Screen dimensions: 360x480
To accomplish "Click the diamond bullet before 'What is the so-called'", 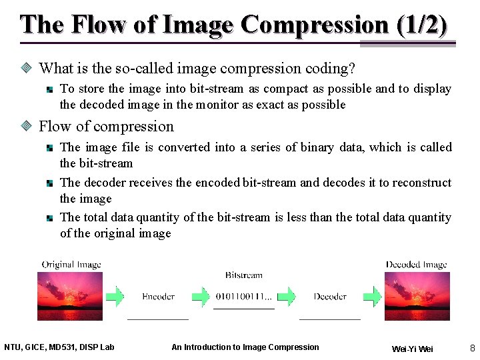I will [27, 68].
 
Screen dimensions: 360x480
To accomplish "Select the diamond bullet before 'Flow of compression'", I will [27, 127].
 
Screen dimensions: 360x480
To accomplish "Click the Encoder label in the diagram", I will [158, 297].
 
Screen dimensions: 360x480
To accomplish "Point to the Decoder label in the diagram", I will [330, 297].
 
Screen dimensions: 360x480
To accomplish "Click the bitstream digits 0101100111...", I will [243, 297].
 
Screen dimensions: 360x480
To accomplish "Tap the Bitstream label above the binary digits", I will [243, 275].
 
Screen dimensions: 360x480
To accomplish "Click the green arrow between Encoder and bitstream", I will [201, 297].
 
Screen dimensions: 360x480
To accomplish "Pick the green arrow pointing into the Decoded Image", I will [375, 297].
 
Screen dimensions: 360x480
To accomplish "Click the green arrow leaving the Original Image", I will [115, 297].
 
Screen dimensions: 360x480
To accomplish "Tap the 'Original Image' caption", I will [71, 265].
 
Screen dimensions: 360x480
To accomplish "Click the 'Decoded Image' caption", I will [417, 265].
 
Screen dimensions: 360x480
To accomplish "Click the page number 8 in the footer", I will [472, 348].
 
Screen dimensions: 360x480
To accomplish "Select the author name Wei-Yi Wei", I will [412, 349].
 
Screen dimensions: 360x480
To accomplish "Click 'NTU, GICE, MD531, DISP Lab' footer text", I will [59, 347].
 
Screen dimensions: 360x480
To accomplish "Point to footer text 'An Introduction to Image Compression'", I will [245, 347].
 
